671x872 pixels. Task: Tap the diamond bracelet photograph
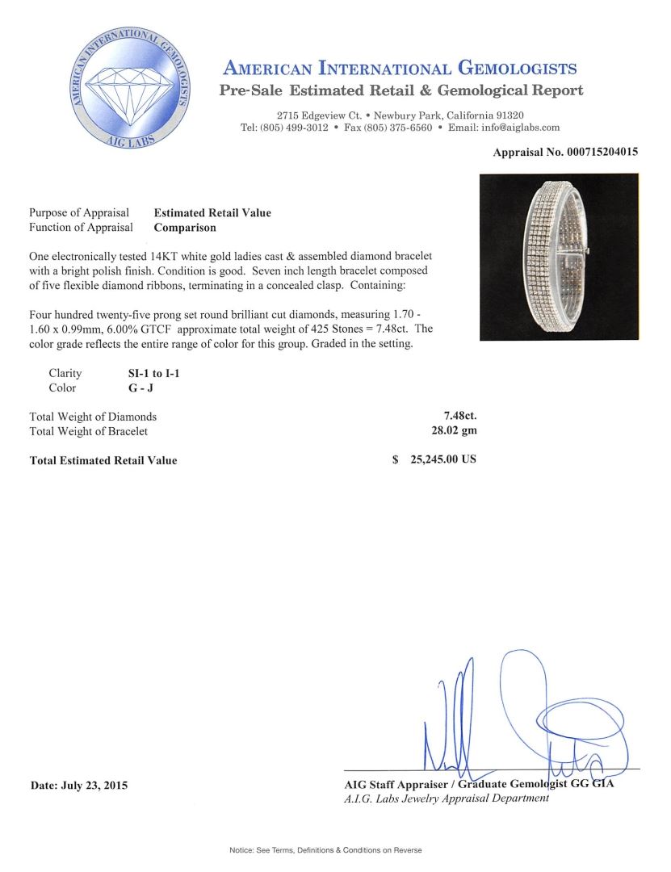click(559, 257)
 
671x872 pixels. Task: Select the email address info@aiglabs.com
click(516, 128)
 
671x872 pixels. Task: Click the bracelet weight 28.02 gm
click(455, 431)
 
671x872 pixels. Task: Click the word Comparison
click(185, 228)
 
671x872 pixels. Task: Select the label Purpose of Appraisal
click(79, 213)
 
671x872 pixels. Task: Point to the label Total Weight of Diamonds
click(93, 417)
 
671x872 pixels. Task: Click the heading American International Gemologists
click(399, 68)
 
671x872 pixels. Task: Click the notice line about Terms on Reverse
click(325, 850)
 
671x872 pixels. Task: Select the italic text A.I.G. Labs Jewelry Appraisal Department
click(447, 799)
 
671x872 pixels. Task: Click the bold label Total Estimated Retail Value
click(103, 461)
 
